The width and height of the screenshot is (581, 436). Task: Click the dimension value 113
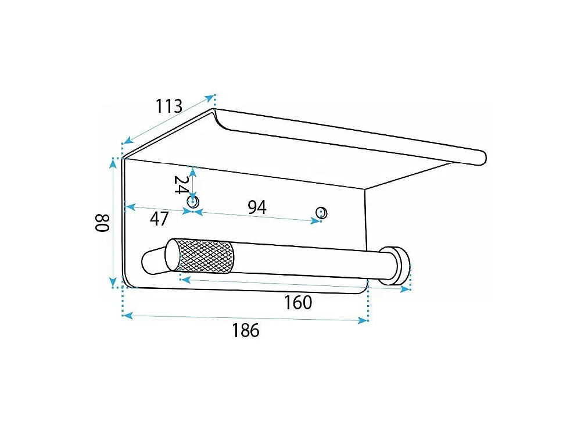169,106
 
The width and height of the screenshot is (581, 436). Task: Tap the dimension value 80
102,223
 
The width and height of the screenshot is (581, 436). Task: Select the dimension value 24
181,185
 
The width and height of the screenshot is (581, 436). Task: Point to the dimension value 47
159,219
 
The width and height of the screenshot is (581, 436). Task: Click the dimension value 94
257,208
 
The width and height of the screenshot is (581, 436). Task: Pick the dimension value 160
298,302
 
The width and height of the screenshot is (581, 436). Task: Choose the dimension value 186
246,330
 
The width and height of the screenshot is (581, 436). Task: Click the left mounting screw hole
193,202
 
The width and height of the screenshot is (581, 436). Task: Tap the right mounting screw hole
321,213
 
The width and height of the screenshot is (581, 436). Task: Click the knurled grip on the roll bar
206,256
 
